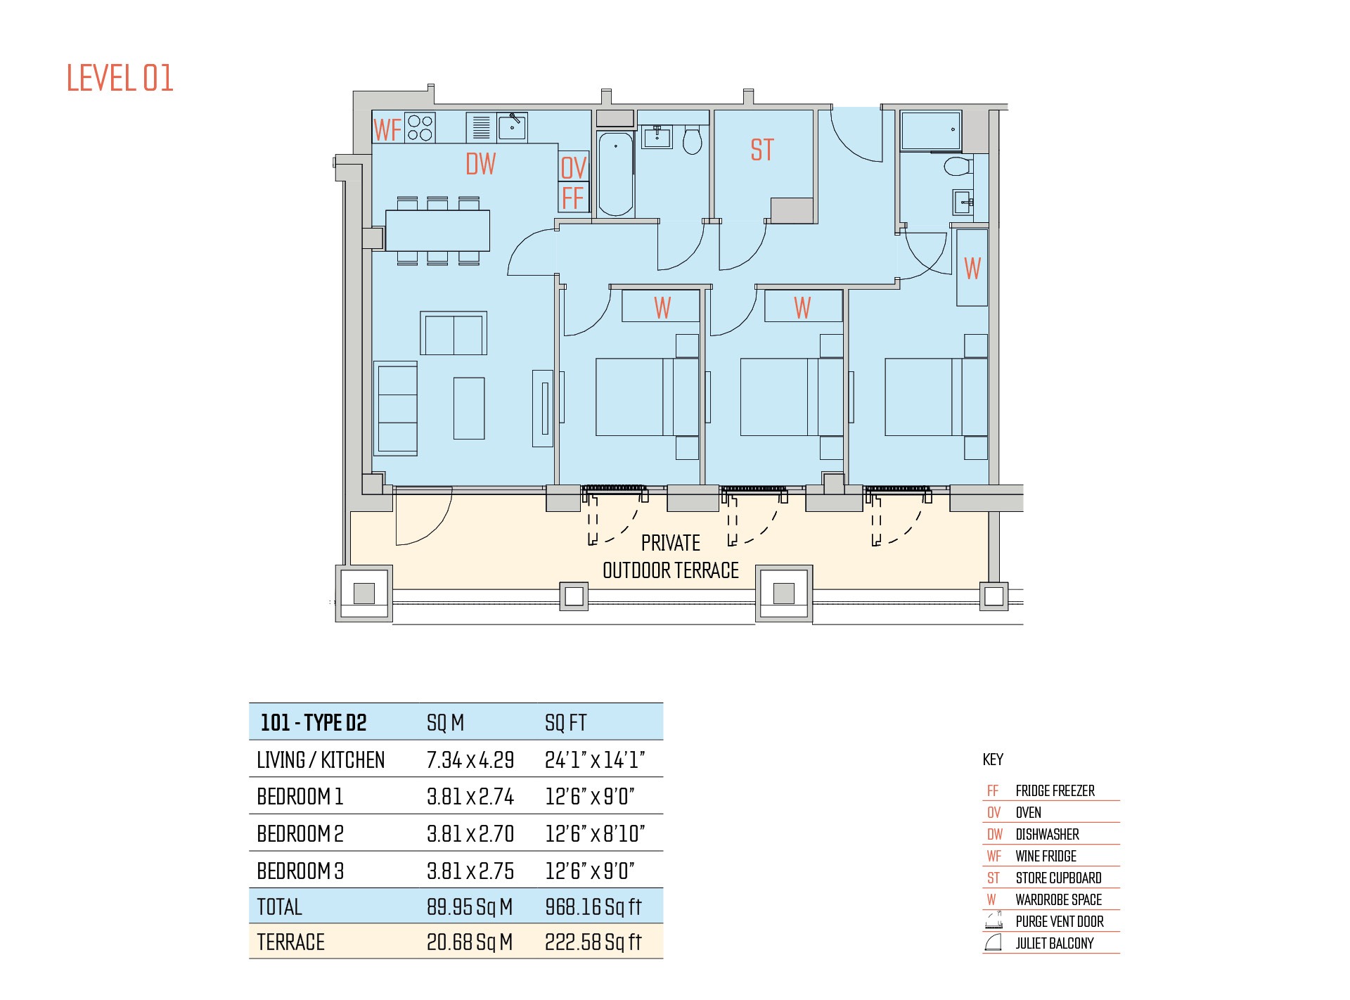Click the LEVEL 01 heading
[x=120, y=78]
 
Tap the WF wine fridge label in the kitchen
[x=387, y=130]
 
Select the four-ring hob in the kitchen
[x=420, y=127]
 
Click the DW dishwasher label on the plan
[x=481, y=164]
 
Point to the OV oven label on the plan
[x=573, y=168]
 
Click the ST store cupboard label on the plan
[x=762, y=150]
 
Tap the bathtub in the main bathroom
[x=615, y=174]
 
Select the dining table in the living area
[x=437, y=230]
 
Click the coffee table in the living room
[x=469, y=409]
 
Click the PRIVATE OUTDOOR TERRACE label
[x=671, y=556]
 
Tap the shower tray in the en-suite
[x=931, y=131]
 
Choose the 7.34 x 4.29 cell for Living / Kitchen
[x=470, y=760]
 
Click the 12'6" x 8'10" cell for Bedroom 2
[x=595, y=834]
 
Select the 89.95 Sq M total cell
[x=470, y=907]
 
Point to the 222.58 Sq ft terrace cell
[x=593, y=942]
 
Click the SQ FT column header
[x=566, y=723]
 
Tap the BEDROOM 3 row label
[x=300, y=871]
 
